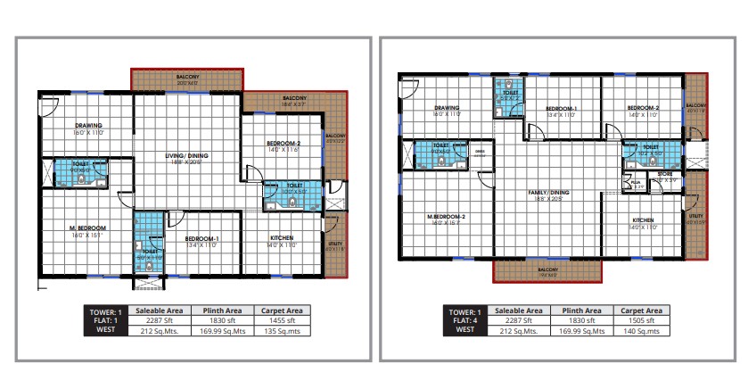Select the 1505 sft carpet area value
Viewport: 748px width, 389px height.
(641, 319)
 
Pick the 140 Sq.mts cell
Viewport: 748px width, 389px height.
(641, 329)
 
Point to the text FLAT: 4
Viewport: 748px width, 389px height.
(465, 319)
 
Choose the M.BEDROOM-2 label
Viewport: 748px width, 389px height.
(447, 217)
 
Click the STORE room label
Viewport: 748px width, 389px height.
(664, 174)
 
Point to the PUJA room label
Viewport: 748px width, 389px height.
(636, 181)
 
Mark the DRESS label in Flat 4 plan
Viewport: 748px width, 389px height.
(480, 151)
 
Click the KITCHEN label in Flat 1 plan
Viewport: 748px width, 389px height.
(282, 237)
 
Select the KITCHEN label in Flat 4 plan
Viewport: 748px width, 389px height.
(644, 219)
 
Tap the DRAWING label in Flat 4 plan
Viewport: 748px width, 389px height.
(446, 108)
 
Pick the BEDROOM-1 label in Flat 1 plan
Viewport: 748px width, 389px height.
(202, 238)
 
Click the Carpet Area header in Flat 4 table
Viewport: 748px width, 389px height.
(641, 310)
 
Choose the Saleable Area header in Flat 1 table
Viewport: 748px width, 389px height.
(159, 310)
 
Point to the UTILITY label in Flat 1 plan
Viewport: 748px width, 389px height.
(335, 244)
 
